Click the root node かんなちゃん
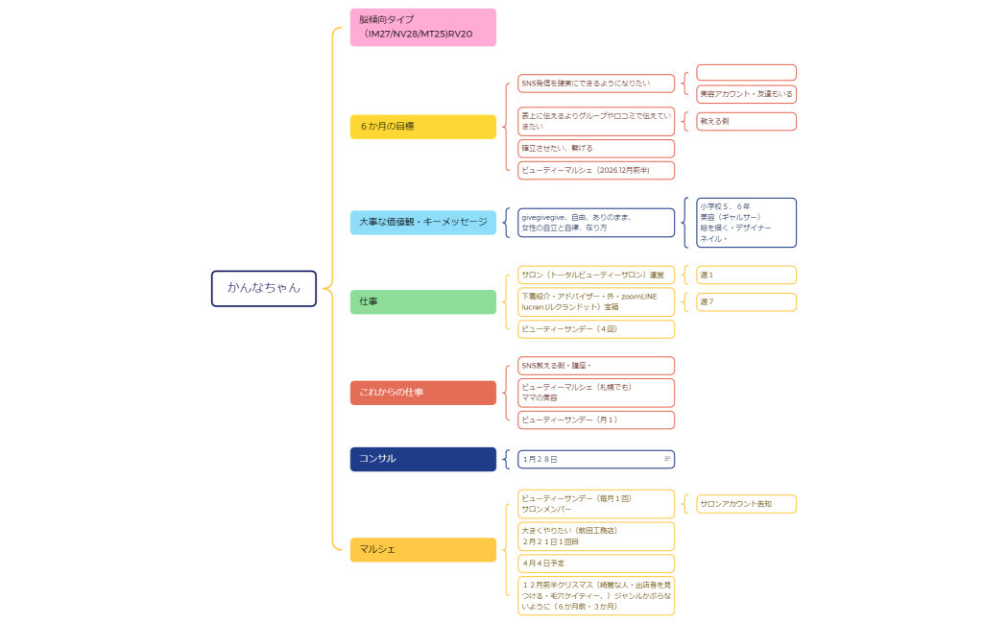tap(263, 288)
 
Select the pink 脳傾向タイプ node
tap(422, 27)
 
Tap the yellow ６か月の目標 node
tap(422, 127)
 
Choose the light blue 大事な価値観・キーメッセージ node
tap(422, 223)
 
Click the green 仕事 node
tap(422, 301)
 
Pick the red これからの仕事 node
tap(422, 393)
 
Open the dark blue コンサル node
tap(422, 459)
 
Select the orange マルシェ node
tap(422, 549)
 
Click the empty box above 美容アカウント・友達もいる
tap(746, 73)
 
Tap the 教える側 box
tap(746, 121)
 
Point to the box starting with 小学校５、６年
tap(746, 223)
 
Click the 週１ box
tap(746, 276)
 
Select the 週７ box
tap(746, 302)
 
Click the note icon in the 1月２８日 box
tap(667, 459)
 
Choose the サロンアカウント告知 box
tap(746, 504)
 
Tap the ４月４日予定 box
tap(596, 564)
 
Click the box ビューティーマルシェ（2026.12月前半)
tap(596, 170)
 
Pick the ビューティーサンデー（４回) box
tap(596, 329)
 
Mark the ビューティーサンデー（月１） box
tap(596, 420)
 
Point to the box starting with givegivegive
tap(596, 223)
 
